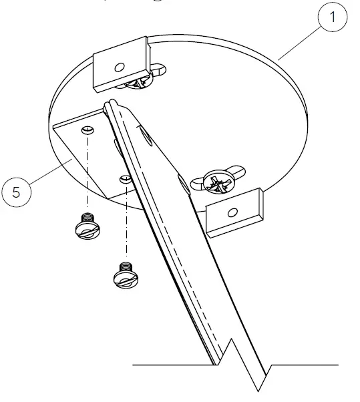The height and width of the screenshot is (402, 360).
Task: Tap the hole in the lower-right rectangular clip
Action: click(x=232, y=212)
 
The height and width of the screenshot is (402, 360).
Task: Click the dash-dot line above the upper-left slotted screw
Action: click(x=87, y=177)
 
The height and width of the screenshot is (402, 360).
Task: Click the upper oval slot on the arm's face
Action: click(x=142, y=136)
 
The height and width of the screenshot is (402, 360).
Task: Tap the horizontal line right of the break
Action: click(x=305, y=365)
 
